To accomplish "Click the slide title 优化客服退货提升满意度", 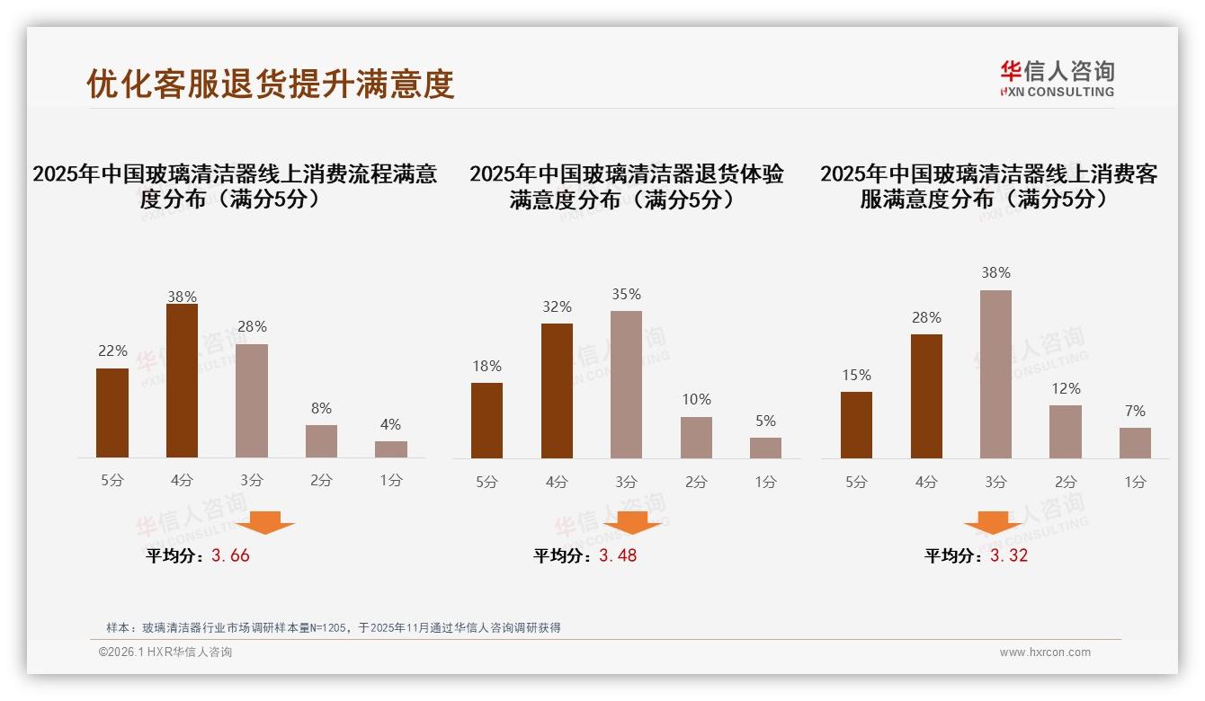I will point(271,84).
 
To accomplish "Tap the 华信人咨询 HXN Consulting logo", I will point(1057,79).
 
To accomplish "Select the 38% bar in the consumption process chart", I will point(182,381).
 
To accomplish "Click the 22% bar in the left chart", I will point(112,413).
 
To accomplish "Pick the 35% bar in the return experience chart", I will point(626,385).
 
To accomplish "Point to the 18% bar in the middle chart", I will point(486,421).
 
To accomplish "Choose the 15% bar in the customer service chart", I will point(856,425).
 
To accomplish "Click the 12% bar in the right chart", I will point(1066,431).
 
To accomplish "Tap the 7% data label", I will point(1135,411).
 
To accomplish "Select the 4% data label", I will point(390,424).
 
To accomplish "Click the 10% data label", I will point(696,399).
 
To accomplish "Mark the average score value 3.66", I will point(230,555).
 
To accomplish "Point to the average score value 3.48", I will point(618,555).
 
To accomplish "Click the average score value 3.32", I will point(1009,555).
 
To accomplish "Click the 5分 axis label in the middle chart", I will point(486,482).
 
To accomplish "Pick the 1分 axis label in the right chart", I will point(1135,482).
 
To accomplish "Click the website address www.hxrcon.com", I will point(1045,652).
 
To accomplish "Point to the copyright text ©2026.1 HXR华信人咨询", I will point(165,652).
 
